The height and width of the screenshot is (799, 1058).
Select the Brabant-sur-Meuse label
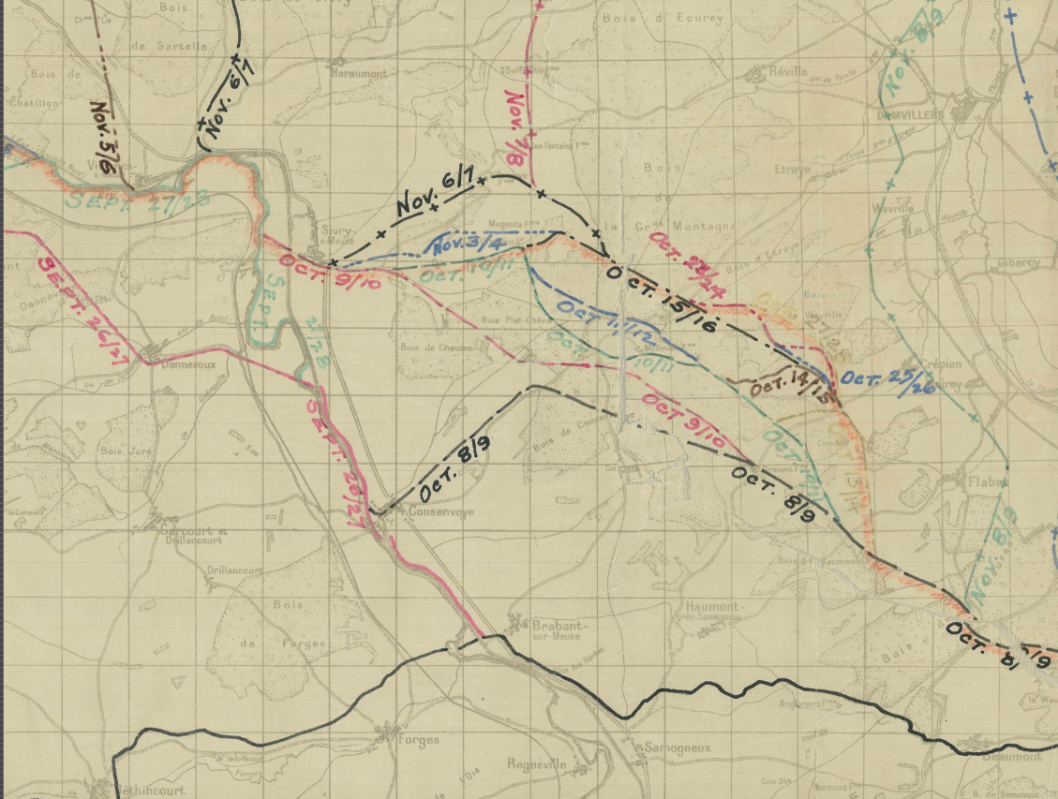tap(556, 629)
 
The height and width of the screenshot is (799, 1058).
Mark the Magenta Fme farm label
tap(510, 225)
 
